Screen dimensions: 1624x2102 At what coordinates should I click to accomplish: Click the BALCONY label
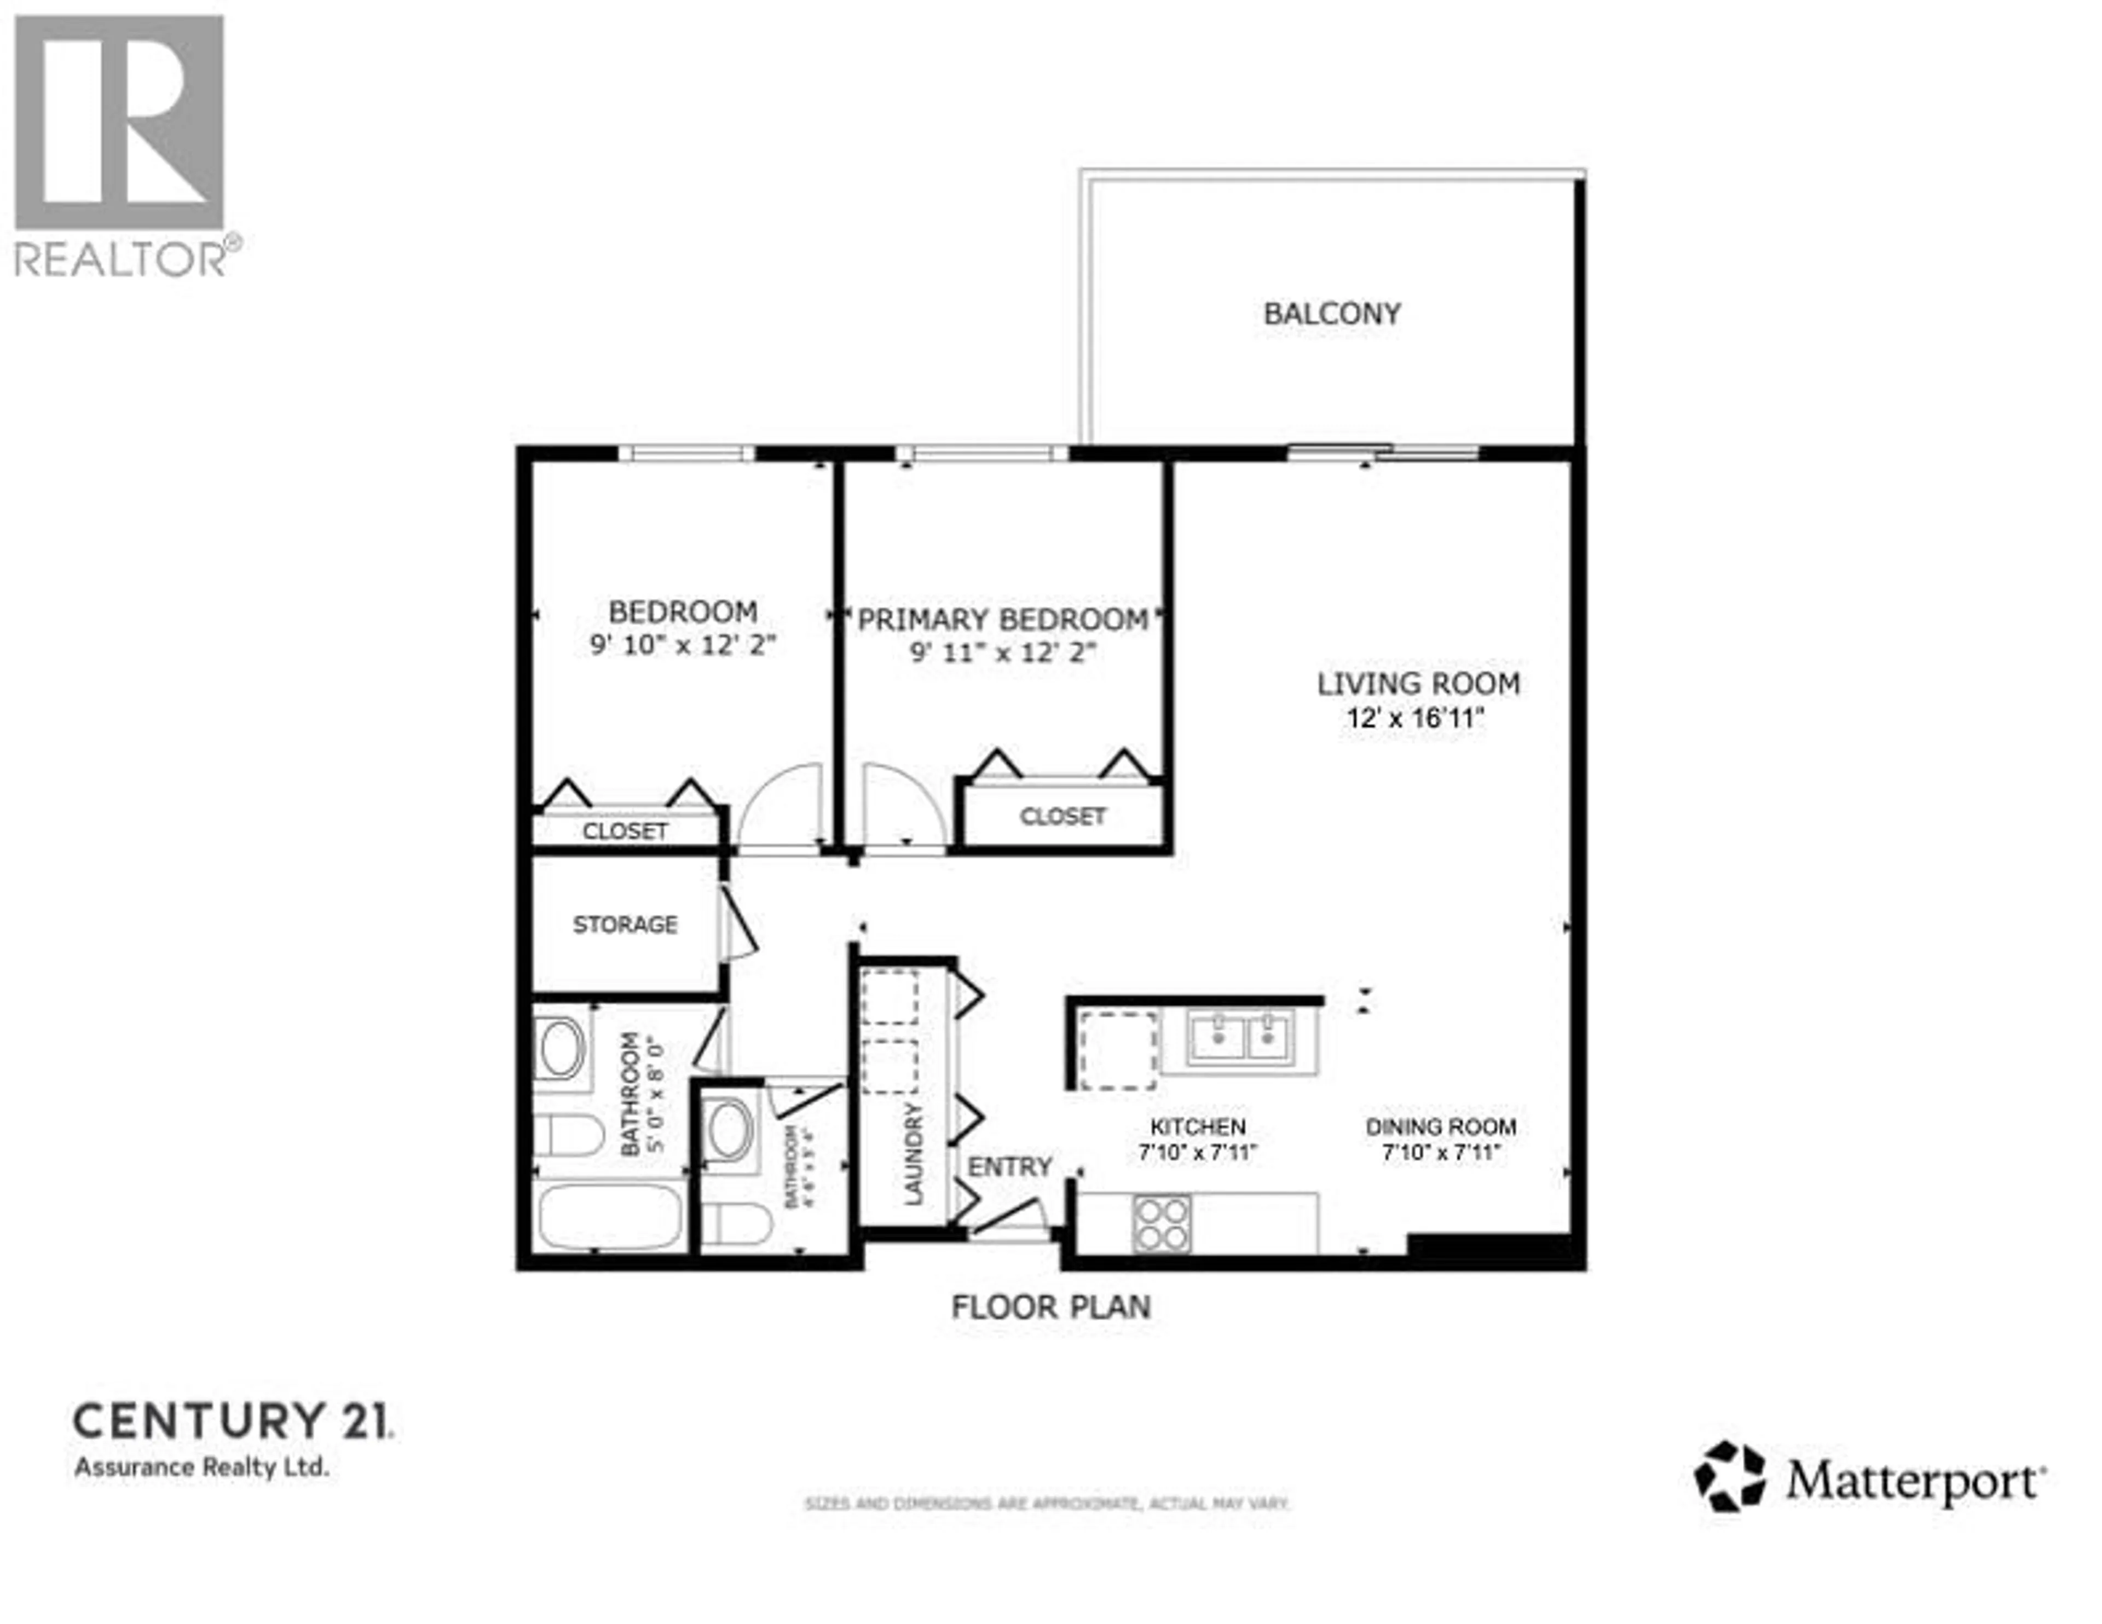coord(1331,314)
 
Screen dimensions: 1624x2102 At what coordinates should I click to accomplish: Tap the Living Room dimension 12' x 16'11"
coord(1415,718)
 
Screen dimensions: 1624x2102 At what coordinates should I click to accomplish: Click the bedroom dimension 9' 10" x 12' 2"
coord(683,645)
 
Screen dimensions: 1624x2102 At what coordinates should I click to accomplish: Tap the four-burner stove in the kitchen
coord(1162,1223)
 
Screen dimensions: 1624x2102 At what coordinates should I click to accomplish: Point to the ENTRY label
coord(1009,1167)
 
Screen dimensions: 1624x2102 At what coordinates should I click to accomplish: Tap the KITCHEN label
coord(1197,1126)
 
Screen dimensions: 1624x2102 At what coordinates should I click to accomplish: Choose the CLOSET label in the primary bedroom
coord(1062,816)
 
